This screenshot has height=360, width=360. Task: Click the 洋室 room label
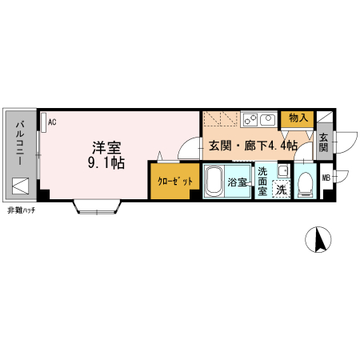coord(106,147)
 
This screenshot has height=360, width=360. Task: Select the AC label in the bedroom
coord(51,122)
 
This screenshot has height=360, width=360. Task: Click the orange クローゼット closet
coord(172,182)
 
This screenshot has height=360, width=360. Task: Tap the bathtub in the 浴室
coord(214,182)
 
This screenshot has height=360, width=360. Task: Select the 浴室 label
coord(238,182)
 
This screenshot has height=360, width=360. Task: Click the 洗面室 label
coord(262,181)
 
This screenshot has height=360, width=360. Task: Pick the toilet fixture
coord(304,185)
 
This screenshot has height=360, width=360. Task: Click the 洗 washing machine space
coord(281,190)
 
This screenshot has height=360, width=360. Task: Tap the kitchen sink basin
coord(266,120)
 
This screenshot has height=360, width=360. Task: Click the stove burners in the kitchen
coord(248,120)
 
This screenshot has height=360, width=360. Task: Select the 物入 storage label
coord(298,118)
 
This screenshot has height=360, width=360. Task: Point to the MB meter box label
coord(326,178)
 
